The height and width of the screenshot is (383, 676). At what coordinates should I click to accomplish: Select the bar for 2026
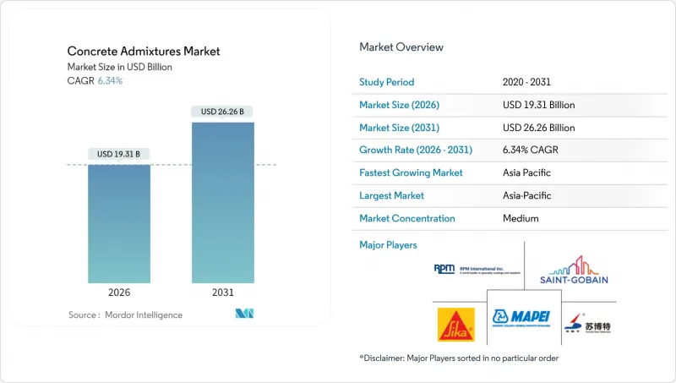[x=119, y=223]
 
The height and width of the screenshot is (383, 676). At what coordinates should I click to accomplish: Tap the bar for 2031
[x=222, y=202]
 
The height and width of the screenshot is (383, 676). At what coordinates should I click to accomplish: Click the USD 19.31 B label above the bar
[x=119, y=154]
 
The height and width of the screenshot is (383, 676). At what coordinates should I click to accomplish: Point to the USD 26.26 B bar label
[x=222, y=112]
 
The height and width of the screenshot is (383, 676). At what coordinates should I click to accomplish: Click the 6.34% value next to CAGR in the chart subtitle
[x=110, y=81]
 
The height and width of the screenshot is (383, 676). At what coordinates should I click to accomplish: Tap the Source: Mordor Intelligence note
[x=125, y=315]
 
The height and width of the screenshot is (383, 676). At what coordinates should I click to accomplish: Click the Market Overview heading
[x=401, y=47]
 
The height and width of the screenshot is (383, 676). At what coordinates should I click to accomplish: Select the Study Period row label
[x=388, y=83]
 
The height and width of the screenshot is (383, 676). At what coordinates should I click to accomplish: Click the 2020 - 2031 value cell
[x=528, y=83]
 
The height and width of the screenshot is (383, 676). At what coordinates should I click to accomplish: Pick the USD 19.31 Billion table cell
[x=537, y=105]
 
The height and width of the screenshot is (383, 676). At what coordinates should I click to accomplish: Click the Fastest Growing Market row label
[x=412, y=172]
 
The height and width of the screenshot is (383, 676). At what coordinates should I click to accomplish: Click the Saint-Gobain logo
[x=573, y=271]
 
